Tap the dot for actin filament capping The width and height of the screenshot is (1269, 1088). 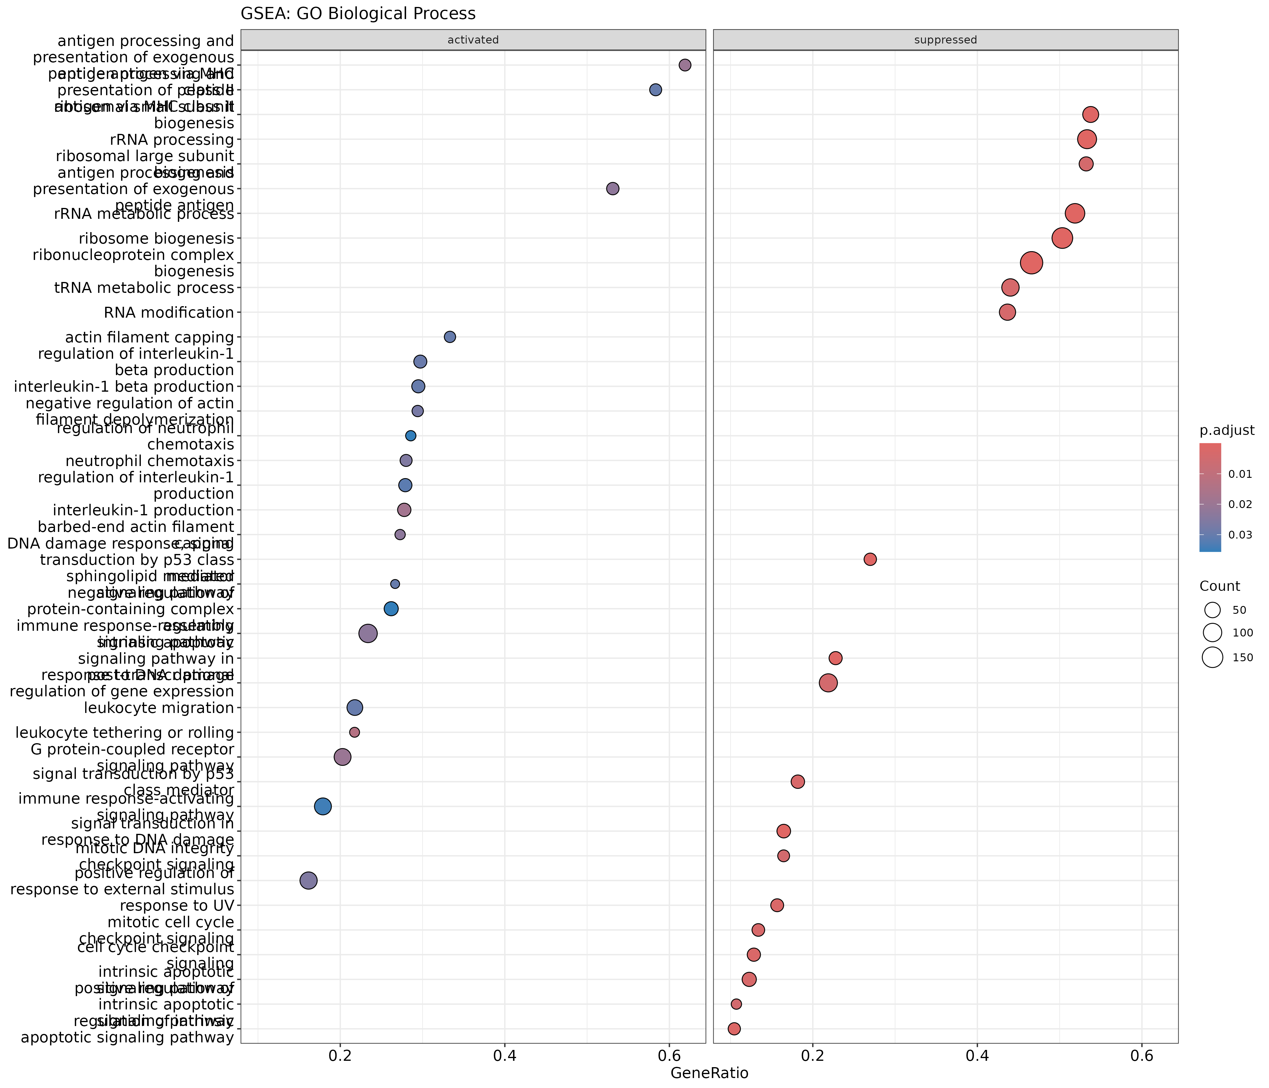(450, 337)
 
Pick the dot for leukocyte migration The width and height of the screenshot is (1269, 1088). (355, 708)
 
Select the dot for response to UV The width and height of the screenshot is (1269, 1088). (777, 905)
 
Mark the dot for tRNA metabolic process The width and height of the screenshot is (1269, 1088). (1011, 287)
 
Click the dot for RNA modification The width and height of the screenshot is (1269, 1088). (1007, 312)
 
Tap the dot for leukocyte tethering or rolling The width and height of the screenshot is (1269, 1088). (354, 732)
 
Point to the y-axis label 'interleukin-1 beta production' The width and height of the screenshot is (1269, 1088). (124, 387)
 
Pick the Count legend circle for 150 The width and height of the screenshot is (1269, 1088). (1212, 657)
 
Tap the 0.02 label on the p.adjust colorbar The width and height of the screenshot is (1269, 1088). (1240, 504)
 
